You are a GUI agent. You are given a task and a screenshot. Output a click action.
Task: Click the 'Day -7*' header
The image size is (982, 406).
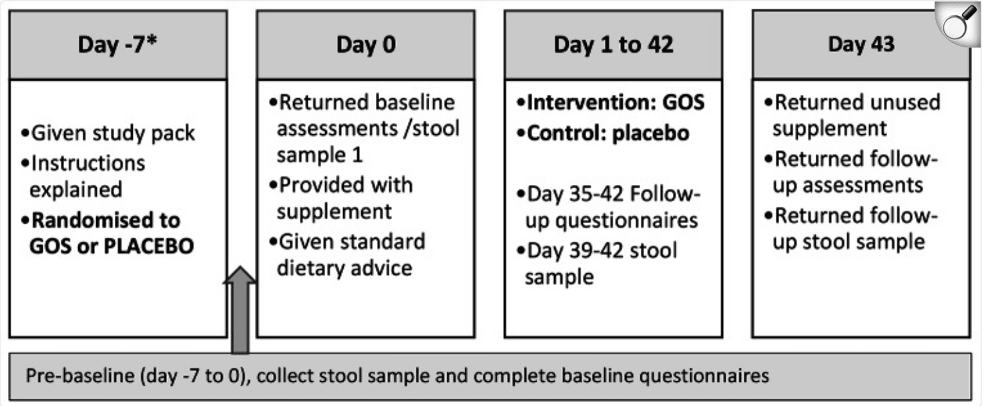(117, 45)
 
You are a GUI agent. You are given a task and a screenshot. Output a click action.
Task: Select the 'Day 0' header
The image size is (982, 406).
(366, 45)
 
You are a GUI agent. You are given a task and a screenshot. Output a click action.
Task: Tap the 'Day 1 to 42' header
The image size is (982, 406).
(613, 45)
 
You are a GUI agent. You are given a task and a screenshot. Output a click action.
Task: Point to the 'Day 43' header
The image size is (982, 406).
(861, 44)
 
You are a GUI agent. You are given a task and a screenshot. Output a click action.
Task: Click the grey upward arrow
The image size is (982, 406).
(240, 310)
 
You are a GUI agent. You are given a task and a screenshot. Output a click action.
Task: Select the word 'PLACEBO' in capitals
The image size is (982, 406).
(149, 246)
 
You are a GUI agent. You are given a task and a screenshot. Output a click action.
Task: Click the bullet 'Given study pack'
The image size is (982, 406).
(108, 134)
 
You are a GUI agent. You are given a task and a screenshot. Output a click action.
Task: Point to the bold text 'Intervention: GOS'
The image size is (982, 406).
(611, 103)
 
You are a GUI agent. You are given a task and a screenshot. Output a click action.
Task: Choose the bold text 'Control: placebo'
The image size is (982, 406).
(603, 134)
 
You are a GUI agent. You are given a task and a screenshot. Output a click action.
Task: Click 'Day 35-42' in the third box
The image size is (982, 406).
(575, 194)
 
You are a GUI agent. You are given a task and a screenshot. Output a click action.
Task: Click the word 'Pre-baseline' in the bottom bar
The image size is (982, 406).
(80, 376)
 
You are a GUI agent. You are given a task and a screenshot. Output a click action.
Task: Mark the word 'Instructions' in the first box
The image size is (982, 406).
(88, 164)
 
